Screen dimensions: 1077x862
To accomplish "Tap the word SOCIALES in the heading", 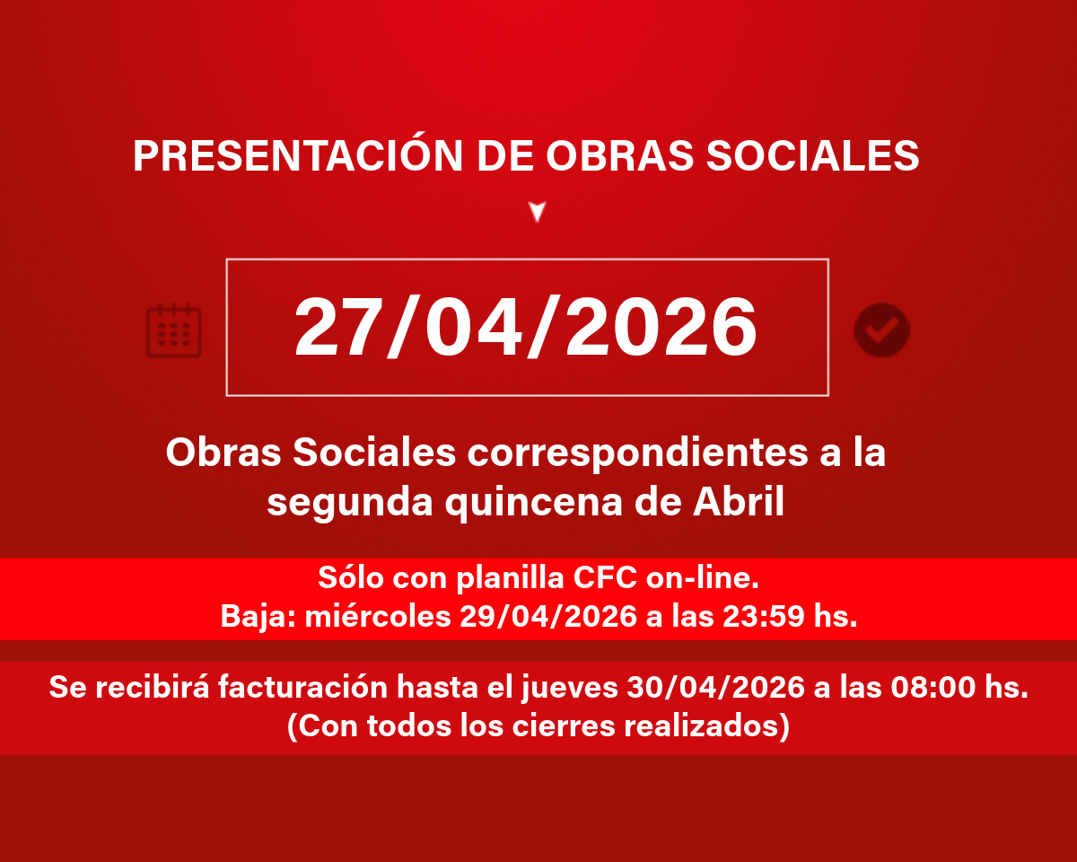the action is pos(812,155).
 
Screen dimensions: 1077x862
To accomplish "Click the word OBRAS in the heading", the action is pos(619,155).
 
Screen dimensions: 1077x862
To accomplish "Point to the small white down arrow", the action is pos(538,212).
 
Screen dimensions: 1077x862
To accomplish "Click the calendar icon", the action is pos(173,330).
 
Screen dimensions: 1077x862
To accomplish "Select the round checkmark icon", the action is pos(881,330).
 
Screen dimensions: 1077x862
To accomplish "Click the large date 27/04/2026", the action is pos(526,327).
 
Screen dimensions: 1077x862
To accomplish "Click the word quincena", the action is pos(533,504).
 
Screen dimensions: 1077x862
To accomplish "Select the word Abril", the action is pos(738,501).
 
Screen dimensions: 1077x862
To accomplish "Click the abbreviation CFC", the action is pos(605,578).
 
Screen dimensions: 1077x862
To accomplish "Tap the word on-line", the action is pos(702,578).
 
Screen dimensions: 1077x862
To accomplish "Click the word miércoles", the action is pos(378,616).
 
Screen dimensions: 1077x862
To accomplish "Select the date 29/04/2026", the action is pos(548,616).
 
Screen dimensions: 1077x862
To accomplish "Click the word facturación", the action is pos(302,687).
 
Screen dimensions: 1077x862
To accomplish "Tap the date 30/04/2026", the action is pos(715,687).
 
